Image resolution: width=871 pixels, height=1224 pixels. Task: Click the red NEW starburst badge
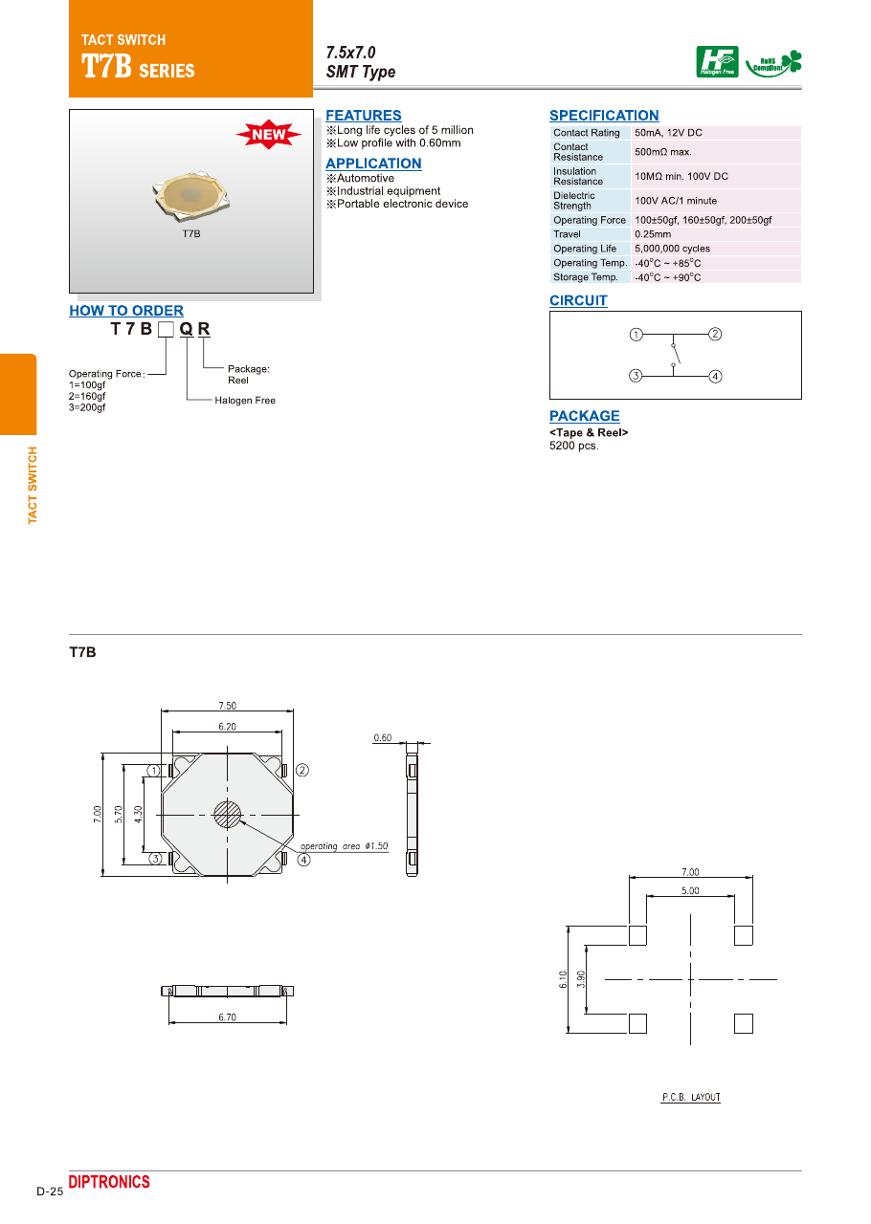(268, 134)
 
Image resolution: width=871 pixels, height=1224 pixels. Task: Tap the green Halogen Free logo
(717, 62)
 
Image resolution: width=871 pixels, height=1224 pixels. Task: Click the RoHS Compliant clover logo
(773, 64)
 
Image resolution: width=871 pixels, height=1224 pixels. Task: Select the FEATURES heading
(364, 116)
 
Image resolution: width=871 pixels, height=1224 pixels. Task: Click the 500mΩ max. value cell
(663, 152)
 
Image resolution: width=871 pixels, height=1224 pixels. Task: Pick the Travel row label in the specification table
(567, 234)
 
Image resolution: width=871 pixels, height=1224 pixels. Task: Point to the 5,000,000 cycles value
(673, 249)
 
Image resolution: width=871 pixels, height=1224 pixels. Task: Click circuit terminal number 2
(715, 334)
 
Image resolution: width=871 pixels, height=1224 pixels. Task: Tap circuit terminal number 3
(636, 376)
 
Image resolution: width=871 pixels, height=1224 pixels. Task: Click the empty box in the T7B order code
(166, 330)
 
